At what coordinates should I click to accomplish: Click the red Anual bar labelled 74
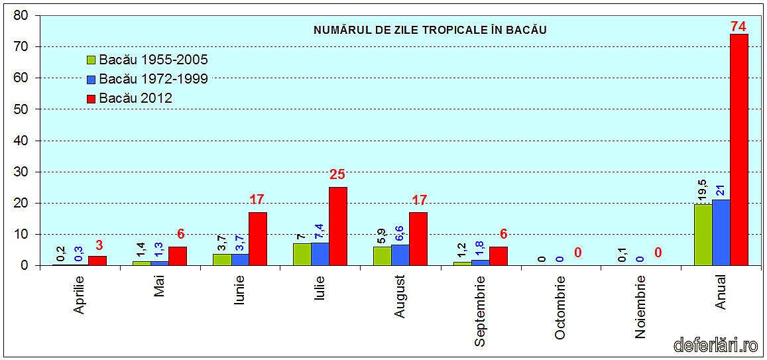pyautogui.click(x=738, y=149)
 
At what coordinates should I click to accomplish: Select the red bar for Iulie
pyautogui.click(x=337, y=226)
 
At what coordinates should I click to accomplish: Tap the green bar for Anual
pyautogui.click(x=703, y=235)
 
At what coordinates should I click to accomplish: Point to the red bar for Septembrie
pyautogui.click(x=498, y=256)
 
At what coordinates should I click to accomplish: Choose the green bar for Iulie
pyautogui.click(x=302, y=254)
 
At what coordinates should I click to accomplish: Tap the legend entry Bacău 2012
pyautogui.click(x=135, y=98)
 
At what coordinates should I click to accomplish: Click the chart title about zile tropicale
pyautogui.click(x=430, y=30)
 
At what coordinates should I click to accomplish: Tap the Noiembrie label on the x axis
pyautogui.click(x=640, y=307)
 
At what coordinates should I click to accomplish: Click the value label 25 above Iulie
pyautogui.click(x=337, y=176)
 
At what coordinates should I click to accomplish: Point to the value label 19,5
pyautogui.click(x=702, y=190)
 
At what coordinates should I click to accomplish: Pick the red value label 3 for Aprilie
pyautogui.click(x=98, y=246)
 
